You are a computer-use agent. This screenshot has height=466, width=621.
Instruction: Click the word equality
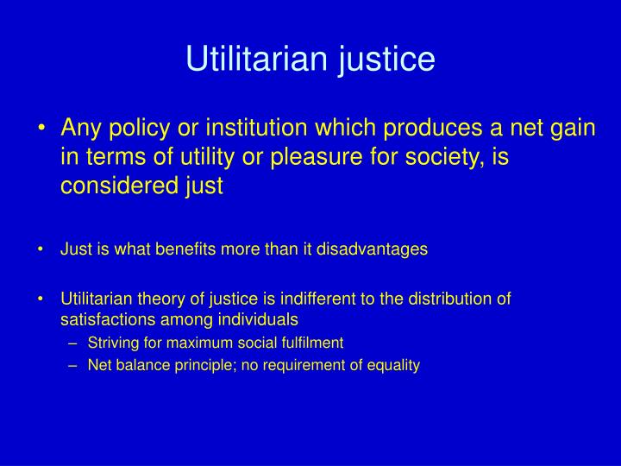coord(392,365)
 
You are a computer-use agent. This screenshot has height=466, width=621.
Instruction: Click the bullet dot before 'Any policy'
coord(42,129)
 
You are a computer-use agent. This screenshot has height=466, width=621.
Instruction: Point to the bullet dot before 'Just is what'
coord(41,249)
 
